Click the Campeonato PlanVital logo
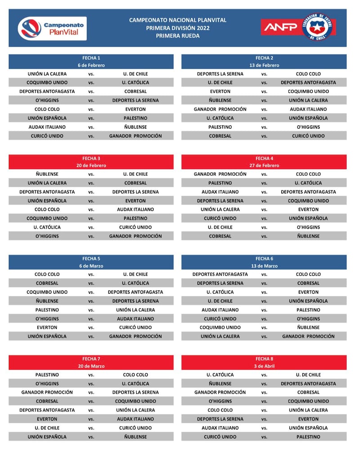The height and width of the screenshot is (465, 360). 52,28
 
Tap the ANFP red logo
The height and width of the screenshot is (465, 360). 280,27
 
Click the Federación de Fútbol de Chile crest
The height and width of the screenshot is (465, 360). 318,27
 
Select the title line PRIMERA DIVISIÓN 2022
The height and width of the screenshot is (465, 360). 178,28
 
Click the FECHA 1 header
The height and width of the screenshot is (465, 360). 91,58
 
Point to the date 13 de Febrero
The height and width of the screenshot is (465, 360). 264,65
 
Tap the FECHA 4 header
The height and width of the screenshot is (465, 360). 264,158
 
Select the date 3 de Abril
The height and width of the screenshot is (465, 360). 264,366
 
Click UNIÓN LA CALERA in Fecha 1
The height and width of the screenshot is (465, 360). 47,74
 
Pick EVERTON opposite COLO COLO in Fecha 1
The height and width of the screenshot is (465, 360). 135,109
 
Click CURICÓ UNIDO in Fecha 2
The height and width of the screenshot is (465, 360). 308,136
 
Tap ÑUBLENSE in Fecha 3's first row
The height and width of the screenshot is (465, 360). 47,174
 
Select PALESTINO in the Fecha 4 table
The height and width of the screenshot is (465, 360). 220,183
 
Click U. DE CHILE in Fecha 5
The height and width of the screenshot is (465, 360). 135,274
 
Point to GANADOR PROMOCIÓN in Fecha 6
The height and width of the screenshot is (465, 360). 308,336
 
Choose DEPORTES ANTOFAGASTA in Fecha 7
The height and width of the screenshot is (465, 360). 47,410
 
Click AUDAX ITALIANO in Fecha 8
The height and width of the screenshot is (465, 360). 220,428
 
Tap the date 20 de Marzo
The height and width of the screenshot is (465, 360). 91,366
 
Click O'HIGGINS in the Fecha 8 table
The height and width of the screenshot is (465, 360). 220,401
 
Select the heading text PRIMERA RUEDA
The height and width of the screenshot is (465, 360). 178,36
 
